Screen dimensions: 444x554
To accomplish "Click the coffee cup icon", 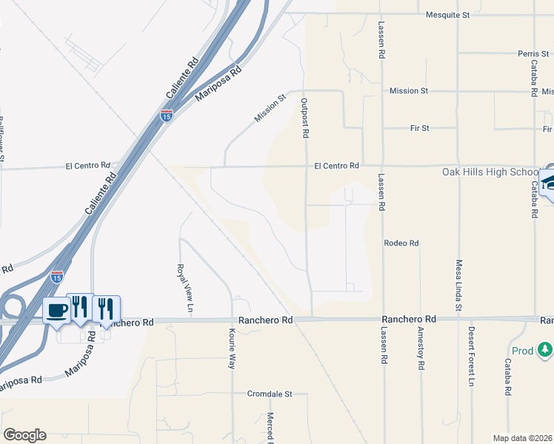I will pos(56,310).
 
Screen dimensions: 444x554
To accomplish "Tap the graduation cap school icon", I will pos(549,181).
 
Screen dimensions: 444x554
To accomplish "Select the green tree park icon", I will pos(545,349).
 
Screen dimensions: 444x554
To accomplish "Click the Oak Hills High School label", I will pos(490,172).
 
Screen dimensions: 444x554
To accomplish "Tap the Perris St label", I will pos(533,54).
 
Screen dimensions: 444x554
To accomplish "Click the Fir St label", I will pos(420,128).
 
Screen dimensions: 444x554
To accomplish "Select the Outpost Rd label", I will pos(304,118).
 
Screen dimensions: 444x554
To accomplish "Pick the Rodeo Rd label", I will pos(401,243).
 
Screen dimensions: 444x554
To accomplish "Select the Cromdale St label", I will pos(270,394).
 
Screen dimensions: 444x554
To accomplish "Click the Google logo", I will pos(24,435).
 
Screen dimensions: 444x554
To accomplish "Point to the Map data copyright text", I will pos(523,438).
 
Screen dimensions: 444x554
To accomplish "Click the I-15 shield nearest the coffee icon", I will pos(57,277).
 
